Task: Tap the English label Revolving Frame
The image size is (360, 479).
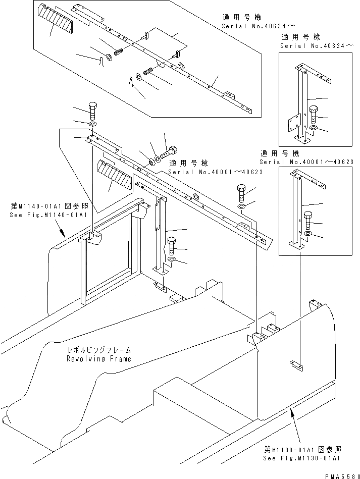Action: pos(99,359)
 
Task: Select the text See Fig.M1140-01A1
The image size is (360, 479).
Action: pos(48,215)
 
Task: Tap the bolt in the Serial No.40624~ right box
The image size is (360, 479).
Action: pos(313,115)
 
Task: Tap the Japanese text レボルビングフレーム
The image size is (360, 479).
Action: pos(99,350)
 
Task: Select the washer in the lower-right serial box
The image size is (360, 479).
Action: pos(308,234)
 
